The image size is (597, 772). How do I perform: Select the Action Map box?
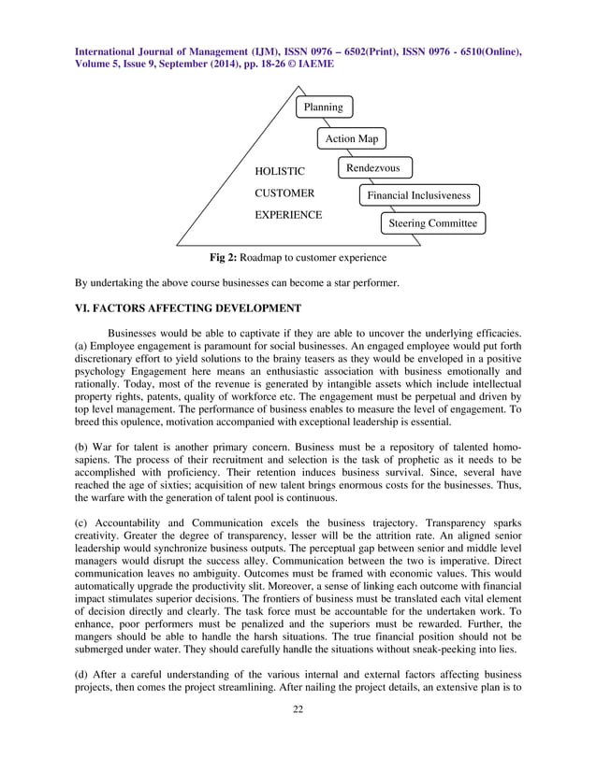pyautogui.click(x=351, y=139)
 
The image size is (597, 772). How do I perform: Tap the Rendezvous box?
pyautogui.click(x=373, y=168)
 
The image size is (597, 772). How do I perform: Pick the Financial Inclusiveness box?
pyautogui.click(x=419, y=195)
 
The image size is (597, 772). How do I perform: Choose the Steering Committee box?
pyautogui.click(x=432, y=223)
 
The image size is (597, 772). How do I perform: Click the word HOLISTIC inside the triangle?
pyautogui.click(x=280, y=172)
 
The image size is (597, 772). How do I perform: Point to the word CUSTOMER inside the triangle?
pyautogui.click(x=284, y=193)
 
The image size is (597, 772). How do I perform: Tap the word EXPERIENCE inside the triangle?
pyautogui.click(x=288, y=215)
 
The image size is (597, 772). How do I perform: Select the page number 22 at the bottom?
pyautogui.click(x=298, y=737)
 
